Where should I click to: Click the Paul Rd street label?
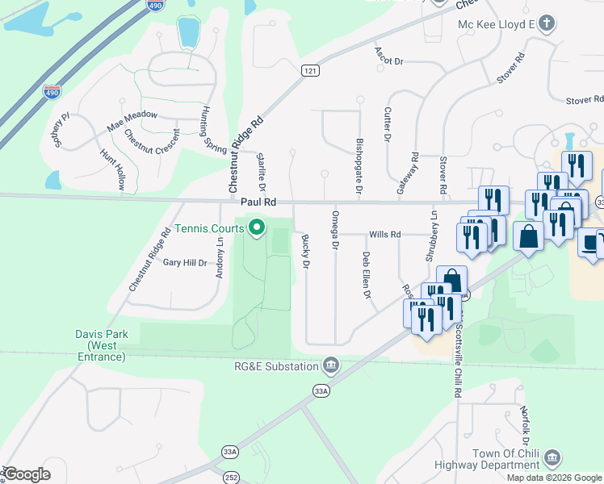(x=258, y=202)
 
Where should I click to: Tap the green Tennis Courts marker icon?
(x=258, y=230)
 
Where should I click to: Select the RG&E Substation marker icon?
(x=330, y=367)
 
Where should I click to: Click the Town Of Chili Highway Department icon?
(x=553, y=458)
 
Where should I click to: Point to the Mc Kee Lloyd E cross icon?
(x=547, y=23)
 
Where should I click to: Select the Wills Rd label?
(x=385, y=235)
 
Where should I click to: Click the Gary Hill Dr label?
(x=185, y=262)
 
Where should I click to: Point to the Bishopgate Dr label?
(x=359, y=160)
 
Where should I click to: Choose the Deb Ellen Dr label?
(x=367, y=275)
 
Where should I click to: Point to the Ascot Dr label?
(x=388, y=55)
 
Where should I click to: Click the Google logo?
(x=27, y=474)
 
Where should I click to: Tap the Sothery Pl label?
(x=61, y=129)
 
